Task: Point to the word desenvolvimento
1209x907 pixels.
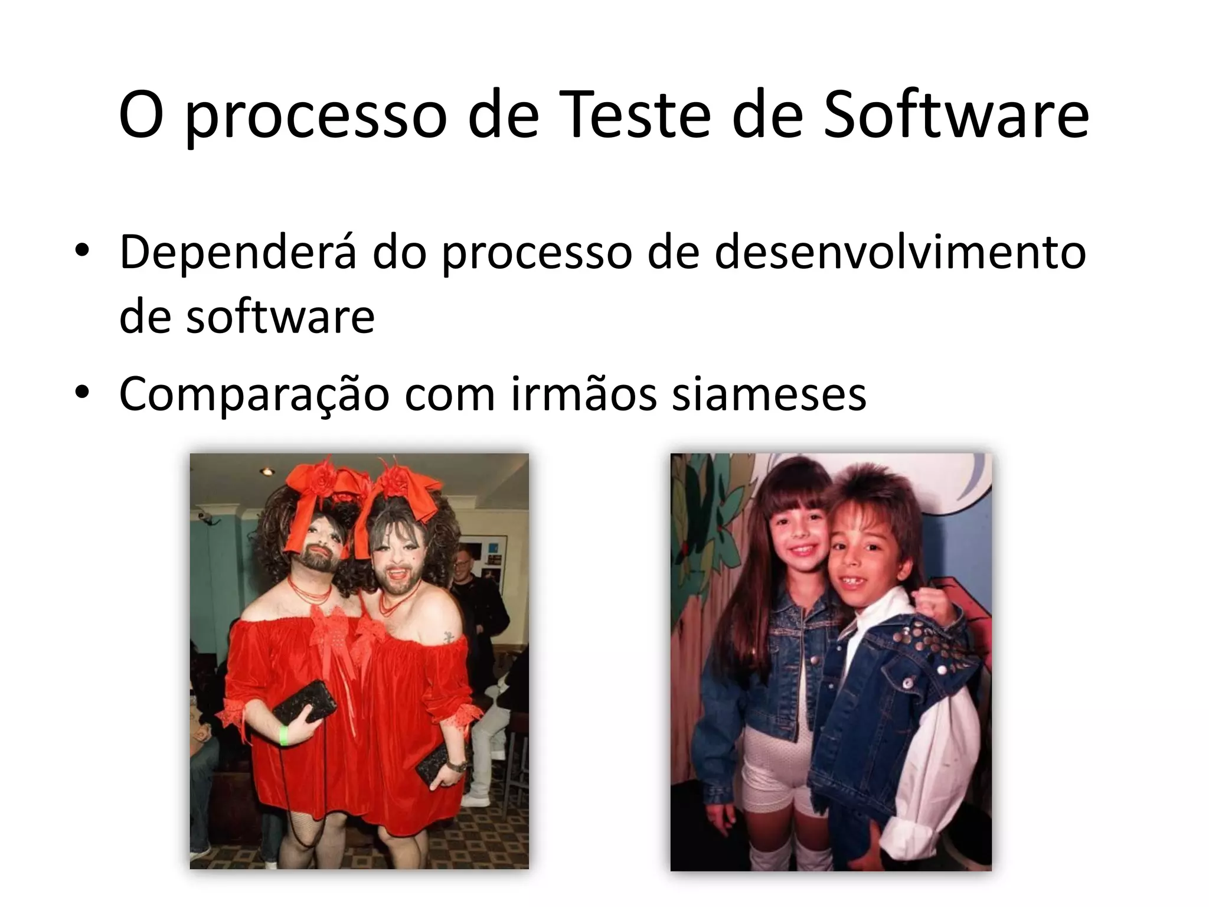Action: (900, 252)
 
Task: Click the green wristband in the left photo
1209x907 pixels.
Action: (283, 736)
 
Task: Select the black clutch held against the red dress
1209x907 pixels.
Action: (305, 702)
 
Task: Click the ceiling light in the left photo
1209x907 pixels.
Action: (267, 471)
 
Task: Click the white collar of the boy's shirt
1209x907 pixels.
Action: (868, 608)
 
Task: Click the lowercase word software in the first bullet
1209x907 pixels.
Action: (280, 317)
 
